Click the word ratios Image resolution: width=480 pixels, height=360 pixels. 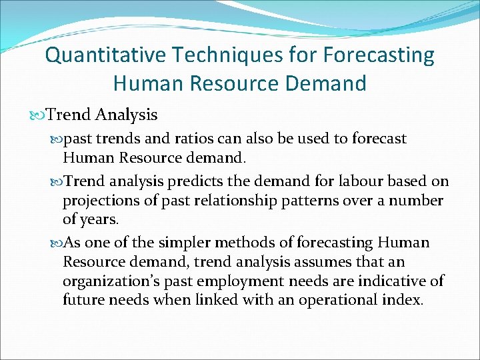tap(171, 139)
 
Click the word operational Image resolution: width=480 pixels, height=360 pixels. tap(335, 300)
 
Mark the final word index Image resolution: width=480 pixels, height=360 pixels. tap(403, 300)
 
